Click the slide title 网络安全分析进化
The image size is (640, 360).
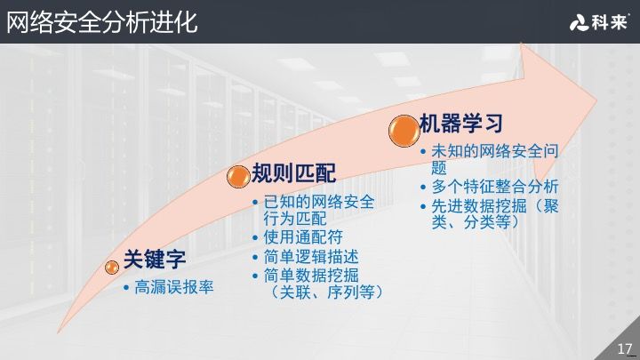click(x=101, y=21)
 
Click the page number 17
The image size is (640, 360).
click(x=624, y=348)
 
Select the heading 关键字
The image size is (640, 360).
click(x=154, y=260)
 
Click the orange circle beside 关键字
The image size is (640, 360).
click(x=112, y=266)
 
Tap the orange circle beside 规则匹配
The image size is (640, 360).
click(x=237, y=176)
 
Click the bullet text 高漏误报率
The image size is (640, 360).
click(x=174, y=288)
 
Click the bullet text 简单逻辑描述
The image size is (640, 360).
click(x=310, y=256)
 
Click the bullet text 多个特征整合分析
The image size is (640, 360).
click(x=495, y=187)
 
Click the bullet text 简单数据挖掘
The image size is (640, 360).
click(x=310, y=275)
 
